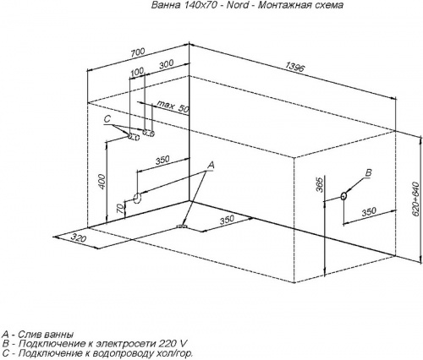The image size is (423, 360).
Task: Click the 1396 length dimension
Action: pos(295,68)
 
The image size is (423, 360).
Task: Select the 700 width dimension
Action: pos(137,52)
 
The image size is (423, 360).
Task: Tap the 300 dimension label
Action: pos(167,64)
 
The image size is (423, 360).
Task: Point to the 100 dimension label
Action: pos(137,72)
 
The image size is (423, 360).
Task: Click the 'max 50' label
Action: pos(173,106)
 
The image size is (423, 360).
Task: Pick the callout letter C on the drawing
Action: pos(107,119)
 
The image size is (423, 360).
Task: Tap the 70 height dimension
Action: pos(120,208)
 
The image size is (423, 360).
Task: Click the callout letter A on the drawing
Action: pos(211,166)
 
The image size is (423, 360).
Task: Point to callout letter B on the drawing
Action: pos(369,172)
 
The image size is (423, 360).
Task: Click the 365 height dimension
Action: pos(319,185)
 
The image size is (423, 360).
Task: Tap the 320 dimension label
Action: pos(78,238)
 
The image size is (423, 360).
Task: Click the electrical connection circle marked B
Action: pos(343,196)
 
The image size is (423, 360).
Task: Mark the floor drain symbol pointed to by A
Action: pos(182,226)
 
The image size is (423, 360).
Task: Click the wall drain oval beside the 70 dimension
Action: pos(137,198)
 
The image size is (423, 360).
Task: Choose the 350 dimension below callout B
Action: pos(369,211)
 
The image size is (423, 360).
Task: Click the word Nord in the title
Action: pos(237,5)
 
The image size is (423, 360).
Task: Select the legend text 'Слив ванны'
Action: pos(46,335)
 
